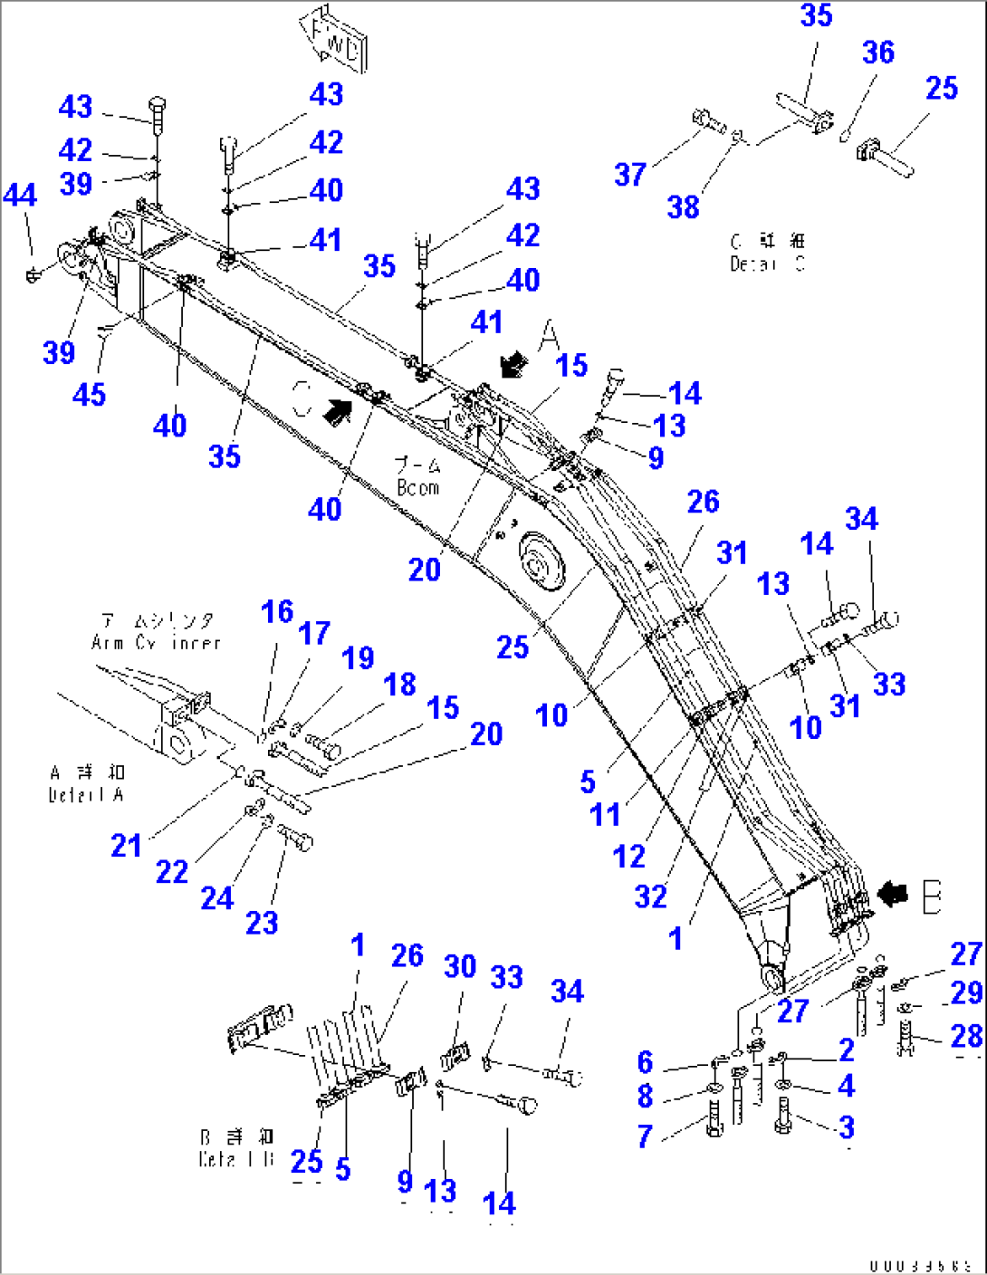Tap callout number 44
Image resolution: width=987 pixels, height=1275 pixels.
pyautogui.click(x=20, y=195)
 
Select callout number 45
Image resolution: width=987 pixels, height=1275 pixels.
pyautogui.click(x=89, y=394)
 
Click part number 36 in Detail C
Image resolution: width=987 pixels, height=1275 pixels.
pyautogui.click(x=877, y=53)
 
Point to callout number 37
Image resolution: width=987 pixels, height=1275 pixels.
pyautogui.click(x=630, y=174)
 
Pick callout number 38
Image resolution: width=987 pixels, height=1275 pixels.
pyautogui.click(x=684, y=206)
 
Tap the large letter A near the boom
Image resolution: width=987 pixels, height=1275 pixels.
pyautogui.click(x=550, y=336)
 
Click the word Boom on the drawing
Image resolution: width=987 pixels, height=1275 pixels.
pyautogui.click(x=418, y=487)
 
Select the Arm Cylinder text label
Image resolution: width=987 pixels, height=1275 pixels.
pyautogui.click(x=156, y=631)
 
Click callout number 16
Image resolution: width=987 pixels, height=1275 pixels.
pyautogui.click(x=277, y=611)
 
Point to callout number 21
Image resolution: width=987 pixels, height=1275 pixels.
pyautogui.click(x=126, y=845)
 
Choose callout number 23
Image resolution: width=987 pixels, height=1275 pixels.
pyautogui.click(x=262, y=923)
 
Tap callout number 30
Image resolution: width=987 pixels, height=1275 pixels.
pyautogui.click(x=460, y=966)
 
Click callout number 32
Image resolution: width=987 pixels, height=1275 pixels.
pyautogui.click(x=650, y=896)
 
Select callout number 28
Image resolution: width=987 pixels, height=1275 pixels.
pyautogui.click(x=966, y=1035)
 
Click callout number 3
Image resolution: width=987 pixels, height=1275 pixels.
pyautogui.click(x=846, y=1126)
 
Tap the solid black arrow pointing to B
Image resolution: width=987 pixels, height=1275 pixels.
pyautogui.click(x=893, y=895)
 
